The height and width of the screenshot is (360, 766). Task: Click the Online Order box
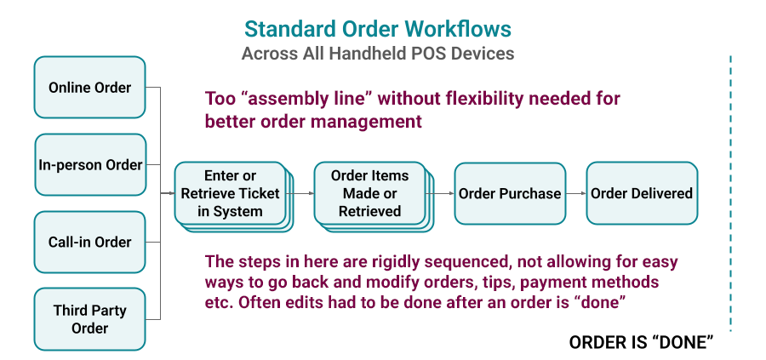tap(89, 88)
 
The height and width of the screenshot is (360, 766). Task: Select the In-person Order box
tap(89, 165)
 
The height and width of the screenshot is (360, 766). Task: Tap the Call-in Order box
tap(89, 242)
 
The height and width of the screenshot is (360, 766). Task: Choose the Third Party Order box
tap(89, 319)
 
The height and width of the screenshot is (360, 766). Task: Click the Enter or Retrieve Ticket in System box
tap(230, 193)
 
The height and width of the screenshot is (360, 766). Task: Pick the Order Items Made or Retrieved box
tap(369, 193)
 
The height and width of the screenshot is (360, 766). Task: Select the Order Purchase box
tap(510, 193)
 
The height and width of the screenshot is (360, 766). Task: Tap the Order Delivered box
tap(642, 193)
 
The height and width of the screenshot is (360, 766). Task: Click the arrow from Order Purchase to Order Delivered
tap(576, 194)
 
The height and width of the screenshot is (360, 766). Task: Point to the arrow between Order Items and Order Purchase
tap(443, 194)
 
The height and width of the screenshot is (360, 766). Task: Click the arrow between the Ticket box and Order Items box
tap(303, 194)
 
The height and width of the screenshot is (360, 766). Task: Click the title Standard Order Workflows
tap(378, 29)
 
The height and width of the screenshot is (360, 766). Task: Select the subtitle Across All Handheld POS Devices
tap(378, 54)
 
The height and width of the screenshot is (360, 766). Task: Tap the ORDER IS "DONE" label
tap(640, 343)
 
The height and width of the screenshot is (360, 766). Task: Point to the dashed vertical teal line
tap(730, 191)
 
